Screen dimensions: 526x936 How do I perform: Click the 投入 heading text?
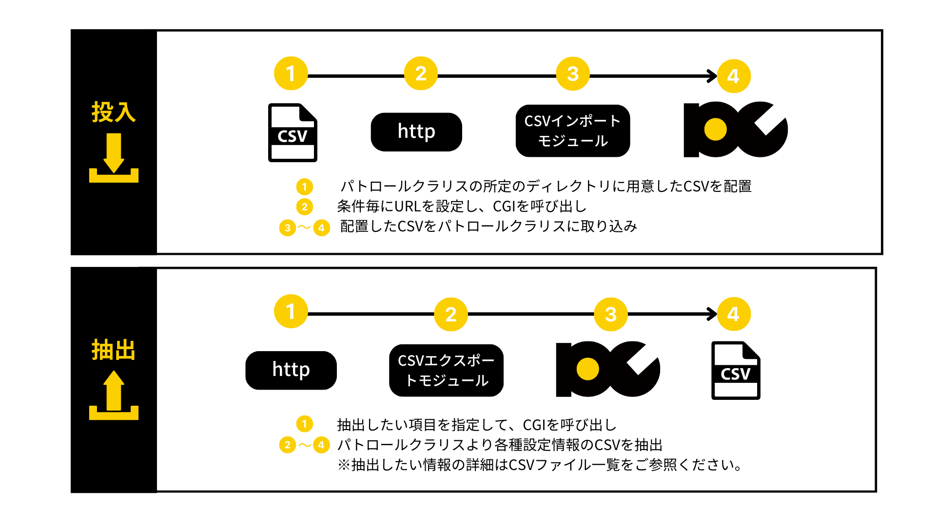(114, 112)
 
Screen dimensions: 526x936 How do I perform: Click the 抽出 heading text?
(114, 350)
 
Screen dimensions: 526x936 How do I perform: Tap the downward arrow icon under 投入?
(114, 158)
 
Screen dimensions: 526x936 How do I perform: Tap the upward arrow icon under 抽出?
(114, 395)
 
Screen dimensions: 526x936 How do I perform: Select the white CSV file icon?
(292, 129)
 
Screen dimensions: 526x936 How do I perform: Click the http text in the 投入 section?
(416, 131)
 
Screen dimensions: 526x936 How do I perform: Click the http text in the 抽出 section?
(291, 370)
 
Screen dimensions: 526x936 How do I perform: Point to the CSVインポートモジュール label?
(572, 131)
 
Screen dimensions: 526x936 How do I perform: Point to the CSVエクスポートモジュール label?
(446, 370)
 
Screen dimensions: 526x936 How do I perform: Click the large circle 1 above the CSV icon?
(291, 74)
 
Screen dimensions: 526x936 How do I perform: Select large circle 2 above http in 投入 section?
(421, 74)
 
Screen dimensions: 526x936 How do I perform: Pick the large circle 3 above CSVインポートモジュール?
(573, 74)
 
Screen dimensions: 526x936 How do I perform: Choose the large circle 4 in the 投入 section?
(734, 76)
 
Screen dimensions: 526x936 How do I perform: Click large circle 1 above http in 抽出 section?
(291, 311)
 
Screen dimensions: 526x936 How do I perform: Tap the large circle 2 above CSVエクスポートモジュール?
(451, 314)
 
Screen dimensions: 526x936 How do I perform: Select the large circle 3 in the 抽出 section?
(611, 314)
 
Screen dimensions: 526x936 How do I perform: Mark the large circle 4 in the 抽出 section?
(734, 314)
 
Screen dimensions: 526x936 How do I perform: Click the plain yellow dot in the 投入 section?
(716, 130)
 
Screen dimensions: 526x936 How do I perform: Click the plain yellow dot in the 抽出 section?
(588, 369)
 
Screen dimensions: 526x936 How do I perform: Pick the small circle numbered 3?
(288, 227)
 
